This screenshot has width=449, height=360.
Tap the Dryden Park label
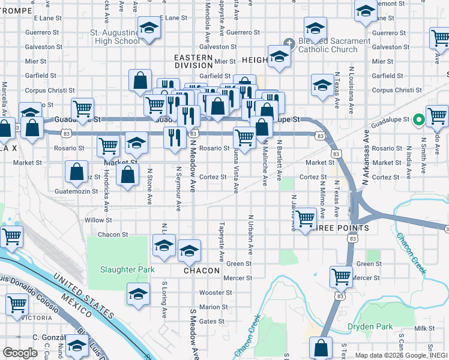tap(370, 327)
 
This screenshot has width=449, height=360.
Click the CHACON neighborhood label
tap(202, 271)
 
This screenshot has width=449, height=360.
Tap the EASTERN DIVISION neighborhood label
tap(193, 61)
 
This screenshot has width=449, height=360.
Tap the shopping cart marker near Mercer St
tap(341, 277)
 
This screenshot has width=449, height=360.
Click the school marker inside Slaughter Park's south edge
tap(138, 295)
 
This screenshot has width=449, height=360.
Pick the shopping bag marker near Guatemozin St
tap(77, 172)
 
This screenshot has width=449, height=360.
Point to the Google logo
tap(20, 353)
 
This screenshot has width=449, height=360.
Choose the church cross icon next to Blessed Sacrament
tap(289, 43)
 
